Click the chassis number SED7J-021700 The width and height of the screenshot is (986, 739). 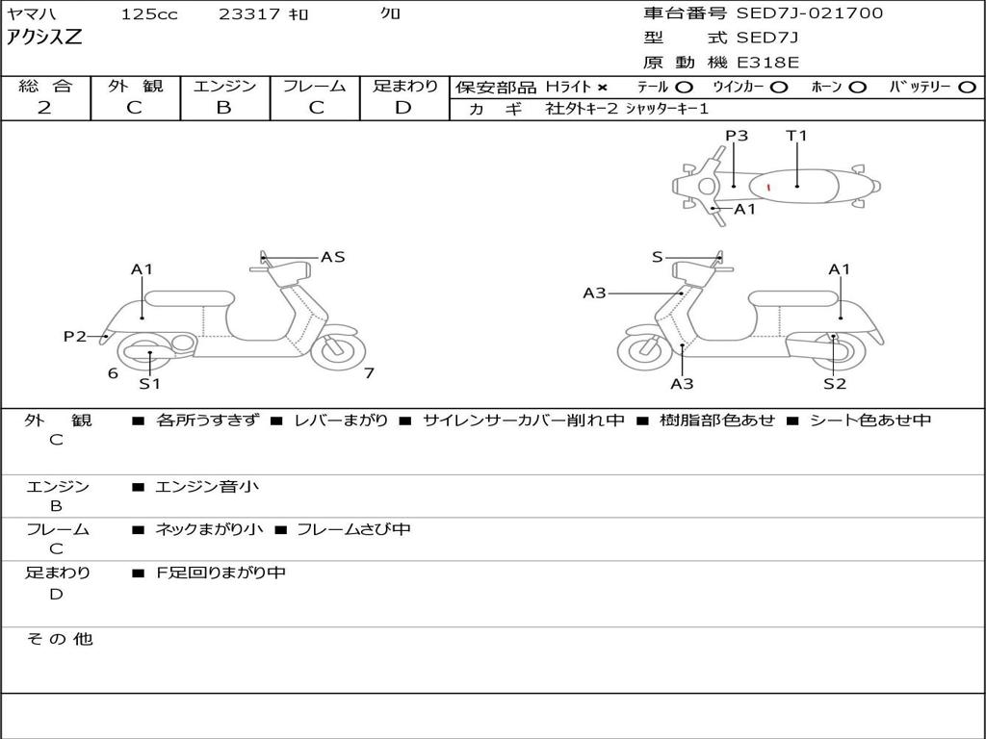(x=809, y=13)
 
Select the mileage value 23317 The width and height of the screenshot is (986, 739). (x=249, y=14)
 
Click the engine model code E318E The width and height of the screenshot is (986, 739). (x=767, y=64)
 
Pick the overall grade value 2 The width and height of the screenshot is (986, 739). (x=44, y=108)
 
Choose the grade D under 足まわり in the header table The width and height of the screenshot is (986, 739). (x=403, y=108)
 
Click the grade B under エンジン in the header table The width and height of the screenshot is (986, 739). (x=223, y=108)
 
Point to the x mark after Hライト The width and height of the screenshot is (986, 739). (x=603, y=88)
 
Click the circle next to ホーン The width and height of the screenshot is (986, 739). (x=858, y=88)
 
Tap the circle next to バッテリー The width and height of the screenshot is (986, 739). (x=968, y=88)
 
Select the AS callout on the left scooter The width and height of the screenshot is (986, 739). (x=332, y=257)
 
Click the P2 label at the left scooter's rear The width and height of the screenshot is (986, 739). (x=74, y=336)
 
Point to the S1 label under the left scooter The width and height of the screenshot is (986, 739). (x=149, y=384)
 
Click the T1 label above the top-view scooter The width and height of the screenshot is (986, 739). (x=796, y=136)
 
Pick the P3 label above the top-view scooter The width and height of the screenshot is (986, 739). (x=737, y=136)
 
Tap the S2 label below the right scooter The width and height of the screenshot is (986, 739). (x=834, y=384)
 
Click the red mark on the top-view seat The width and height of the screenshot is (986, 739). (x=768, y=187)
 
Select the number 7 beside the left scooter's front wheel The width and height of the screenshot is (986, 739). (x=369, y=372)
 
